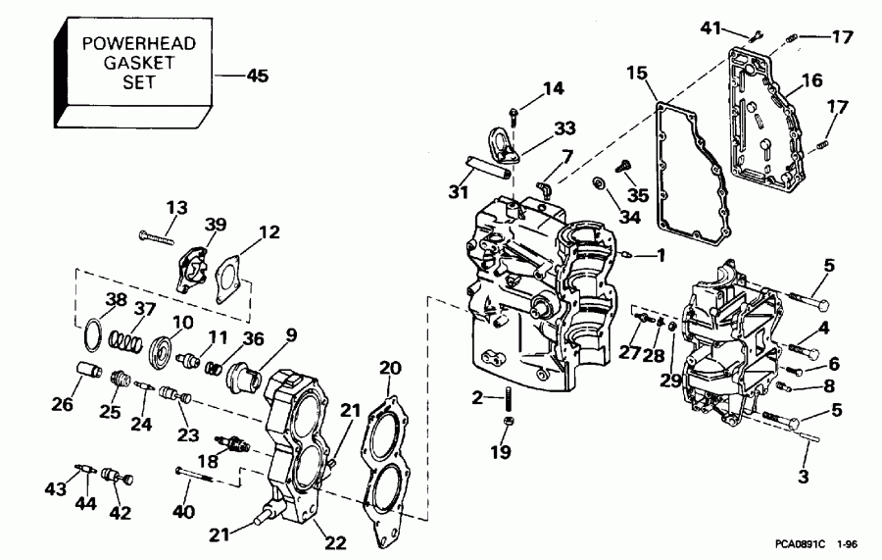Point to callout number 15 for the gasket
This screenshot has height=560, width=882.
[x=637, y=73]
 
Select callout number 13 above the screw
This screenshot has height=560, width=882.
[x=176, y=207]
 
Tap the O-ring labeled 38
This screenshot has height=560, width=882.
[x=91, y=331]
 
